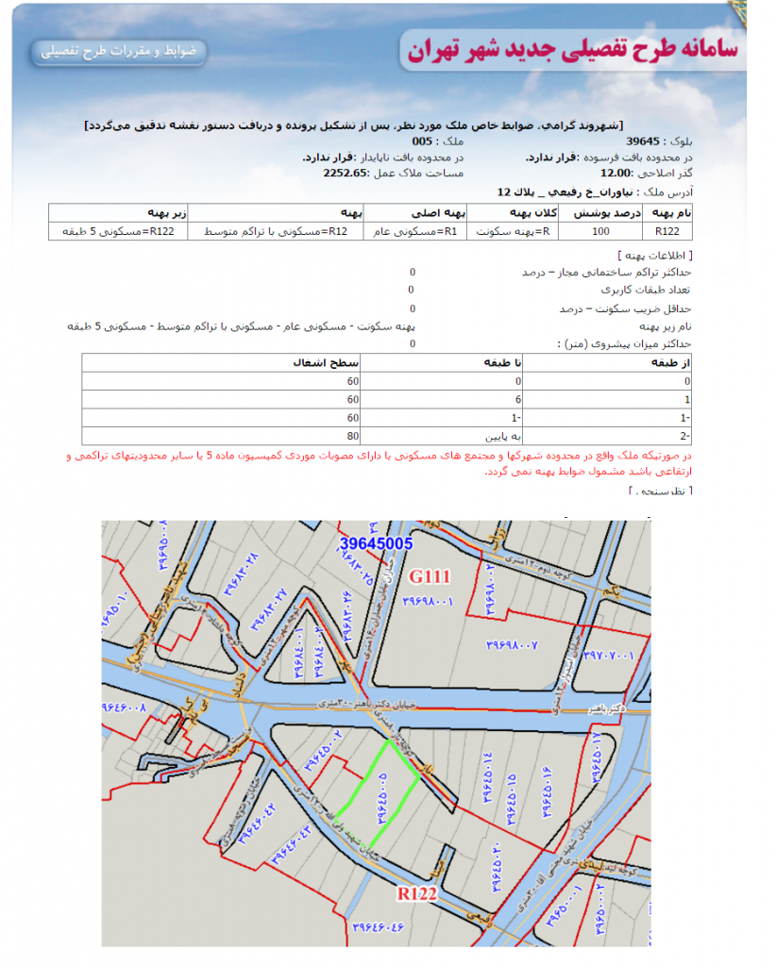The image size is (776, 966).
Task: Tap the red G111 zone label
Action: (x=430, y=575)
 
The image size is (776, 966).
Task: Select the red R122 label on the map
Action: (x=416, y=892)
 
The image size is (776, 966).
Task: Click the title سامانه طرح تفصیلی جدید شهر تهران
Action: (x=571, y=50)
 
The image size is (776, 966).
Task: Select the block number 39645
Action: (x=642, y=141)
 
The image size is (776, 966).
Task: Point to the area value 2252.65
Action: (x=345, y=174)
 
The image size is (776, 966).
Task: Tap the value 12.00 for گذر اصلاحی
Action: (x=616, y=174)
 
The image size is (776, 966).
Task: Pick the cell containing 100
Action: (x=600, y=230)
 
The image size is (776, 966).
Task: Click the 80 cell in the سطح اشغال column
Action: (x=354, y=435)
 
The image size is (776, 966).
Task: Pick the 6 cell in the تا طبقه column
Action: (x=517, y=399)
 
